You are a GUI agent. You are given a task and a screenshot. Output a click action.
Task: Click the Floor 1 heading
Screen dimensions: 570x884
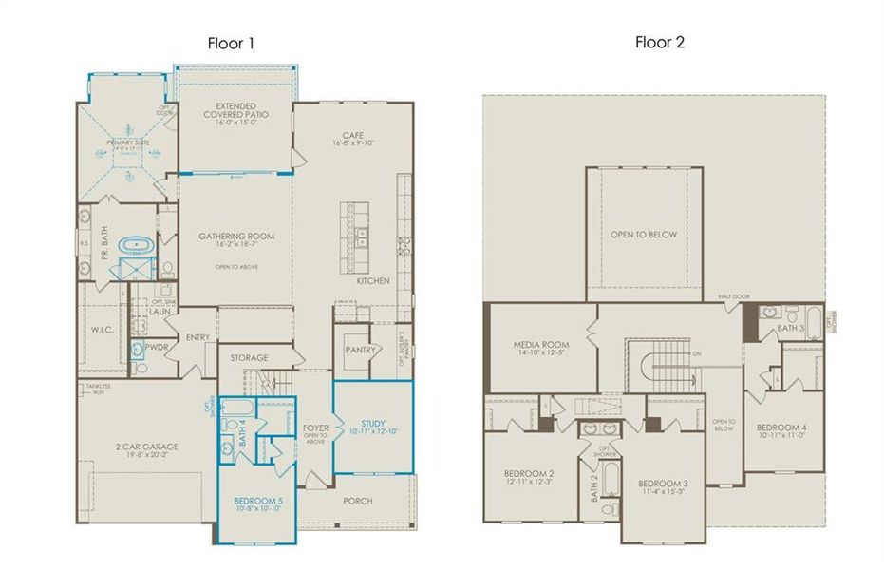[231, 43]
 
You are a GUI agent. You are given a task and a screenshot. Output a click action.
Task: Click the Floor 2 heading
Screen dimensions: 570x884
[660, 42]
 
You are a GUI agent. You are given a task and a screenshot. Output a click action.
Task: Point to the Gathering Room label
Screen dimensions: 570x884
[236, 236]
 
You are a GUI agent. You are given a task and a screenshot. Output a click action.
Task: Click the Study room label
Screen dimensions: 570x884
[373, 424]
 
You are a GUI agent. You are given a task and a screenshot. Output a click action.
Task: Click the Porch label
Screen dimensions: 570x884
[357, 501]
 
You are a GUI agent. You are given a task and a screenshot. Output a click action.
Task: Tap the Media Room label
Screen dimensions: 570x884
[540, 345]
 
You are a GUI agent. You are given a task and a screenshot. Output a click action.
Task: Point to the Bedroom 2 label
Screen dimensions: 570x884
[529, 473]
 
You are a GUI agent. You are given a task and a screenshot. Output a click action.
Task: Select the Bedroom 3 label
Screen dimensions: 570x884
[663, 484]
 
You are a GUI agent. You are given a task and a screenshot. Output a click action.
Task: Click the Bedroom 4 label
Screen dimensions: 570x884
[781, 428]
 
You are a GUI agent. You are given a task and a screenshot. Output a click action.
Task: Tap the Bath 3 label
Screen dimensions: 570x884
[791, 328]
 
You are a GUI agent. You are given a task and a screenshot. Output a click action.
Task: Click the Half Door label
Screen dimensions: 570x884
[734, 296]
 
